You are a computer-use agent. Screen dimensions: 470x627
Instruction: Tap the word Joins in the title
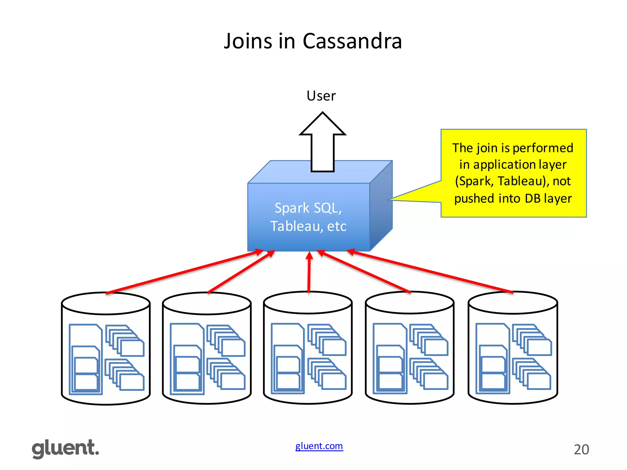248,41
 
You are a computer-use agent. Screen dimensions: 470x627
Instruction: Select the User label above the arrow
321,96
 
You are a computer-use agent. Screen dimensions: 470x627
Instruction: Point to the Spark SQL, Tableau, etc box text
308,217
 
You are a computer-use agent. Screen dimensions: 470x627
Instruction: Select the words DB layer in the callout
548,198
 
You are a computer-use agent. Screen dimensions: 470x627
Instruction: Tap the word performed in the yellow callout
543,148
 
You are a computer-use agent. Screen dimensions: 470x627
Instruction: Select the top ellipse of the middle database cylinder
308,303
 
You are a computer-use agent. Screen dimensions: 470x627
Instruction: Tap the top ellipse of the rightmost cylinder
513,303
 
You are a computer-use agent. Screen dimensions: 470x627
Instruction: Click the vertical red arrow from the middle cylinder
309,272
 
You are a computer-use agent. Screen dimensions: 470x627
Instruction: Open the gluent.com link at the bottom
319,446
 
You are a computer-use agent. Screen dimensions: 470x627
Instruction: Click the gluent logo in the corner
66,449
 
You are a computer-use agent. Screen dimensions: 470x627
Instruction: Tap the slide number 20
581,449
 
